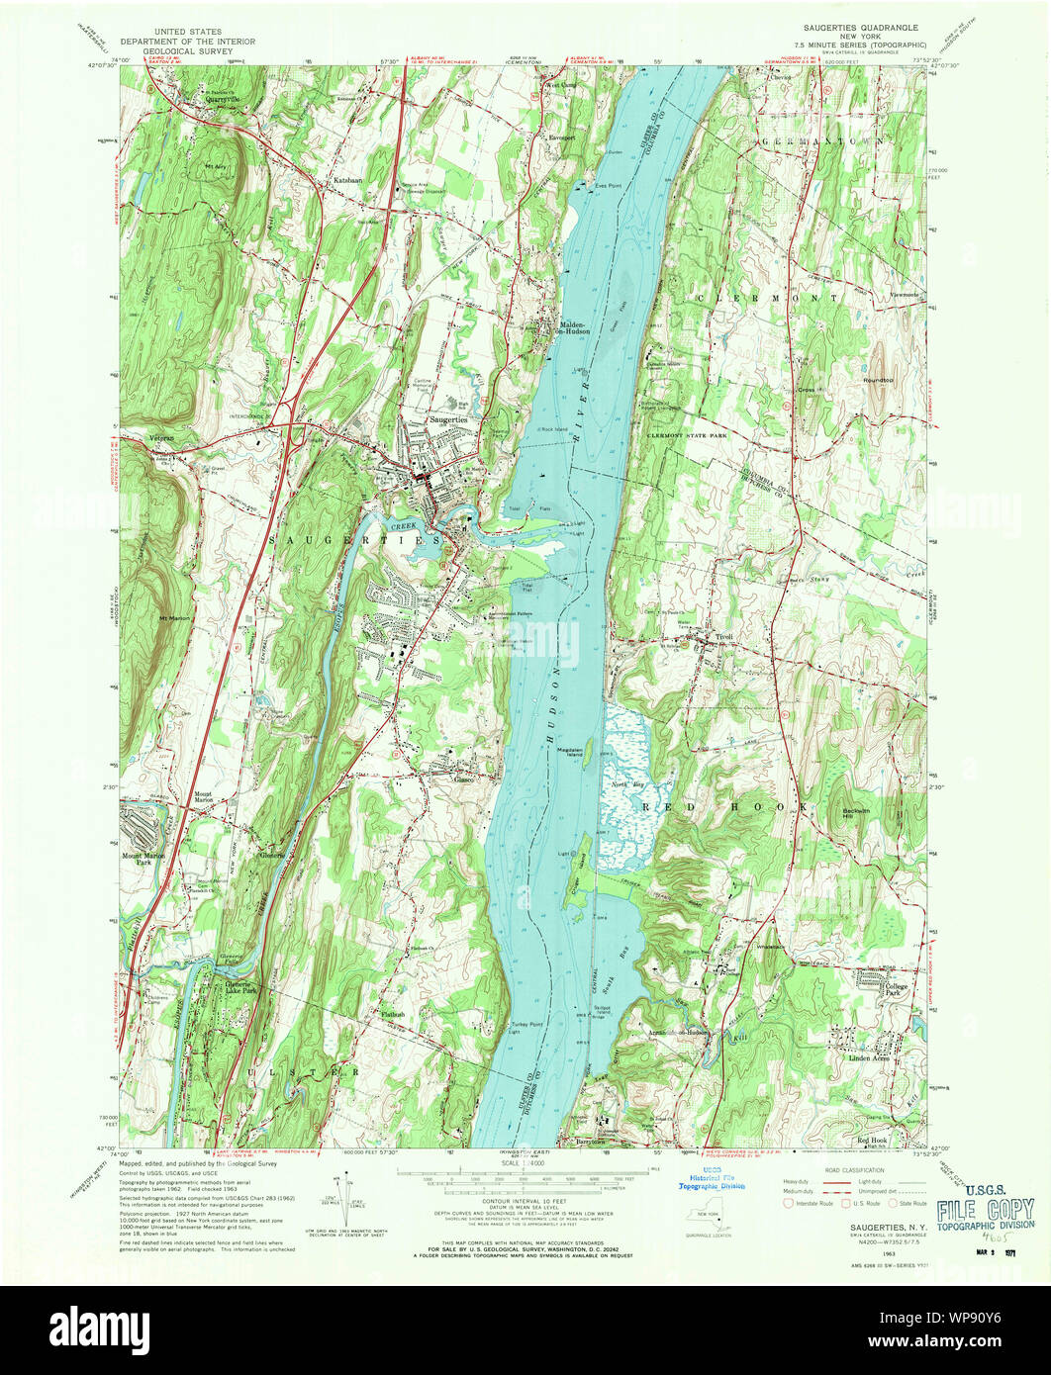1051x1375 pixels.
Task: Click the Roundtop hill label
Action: click(878, 380)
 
